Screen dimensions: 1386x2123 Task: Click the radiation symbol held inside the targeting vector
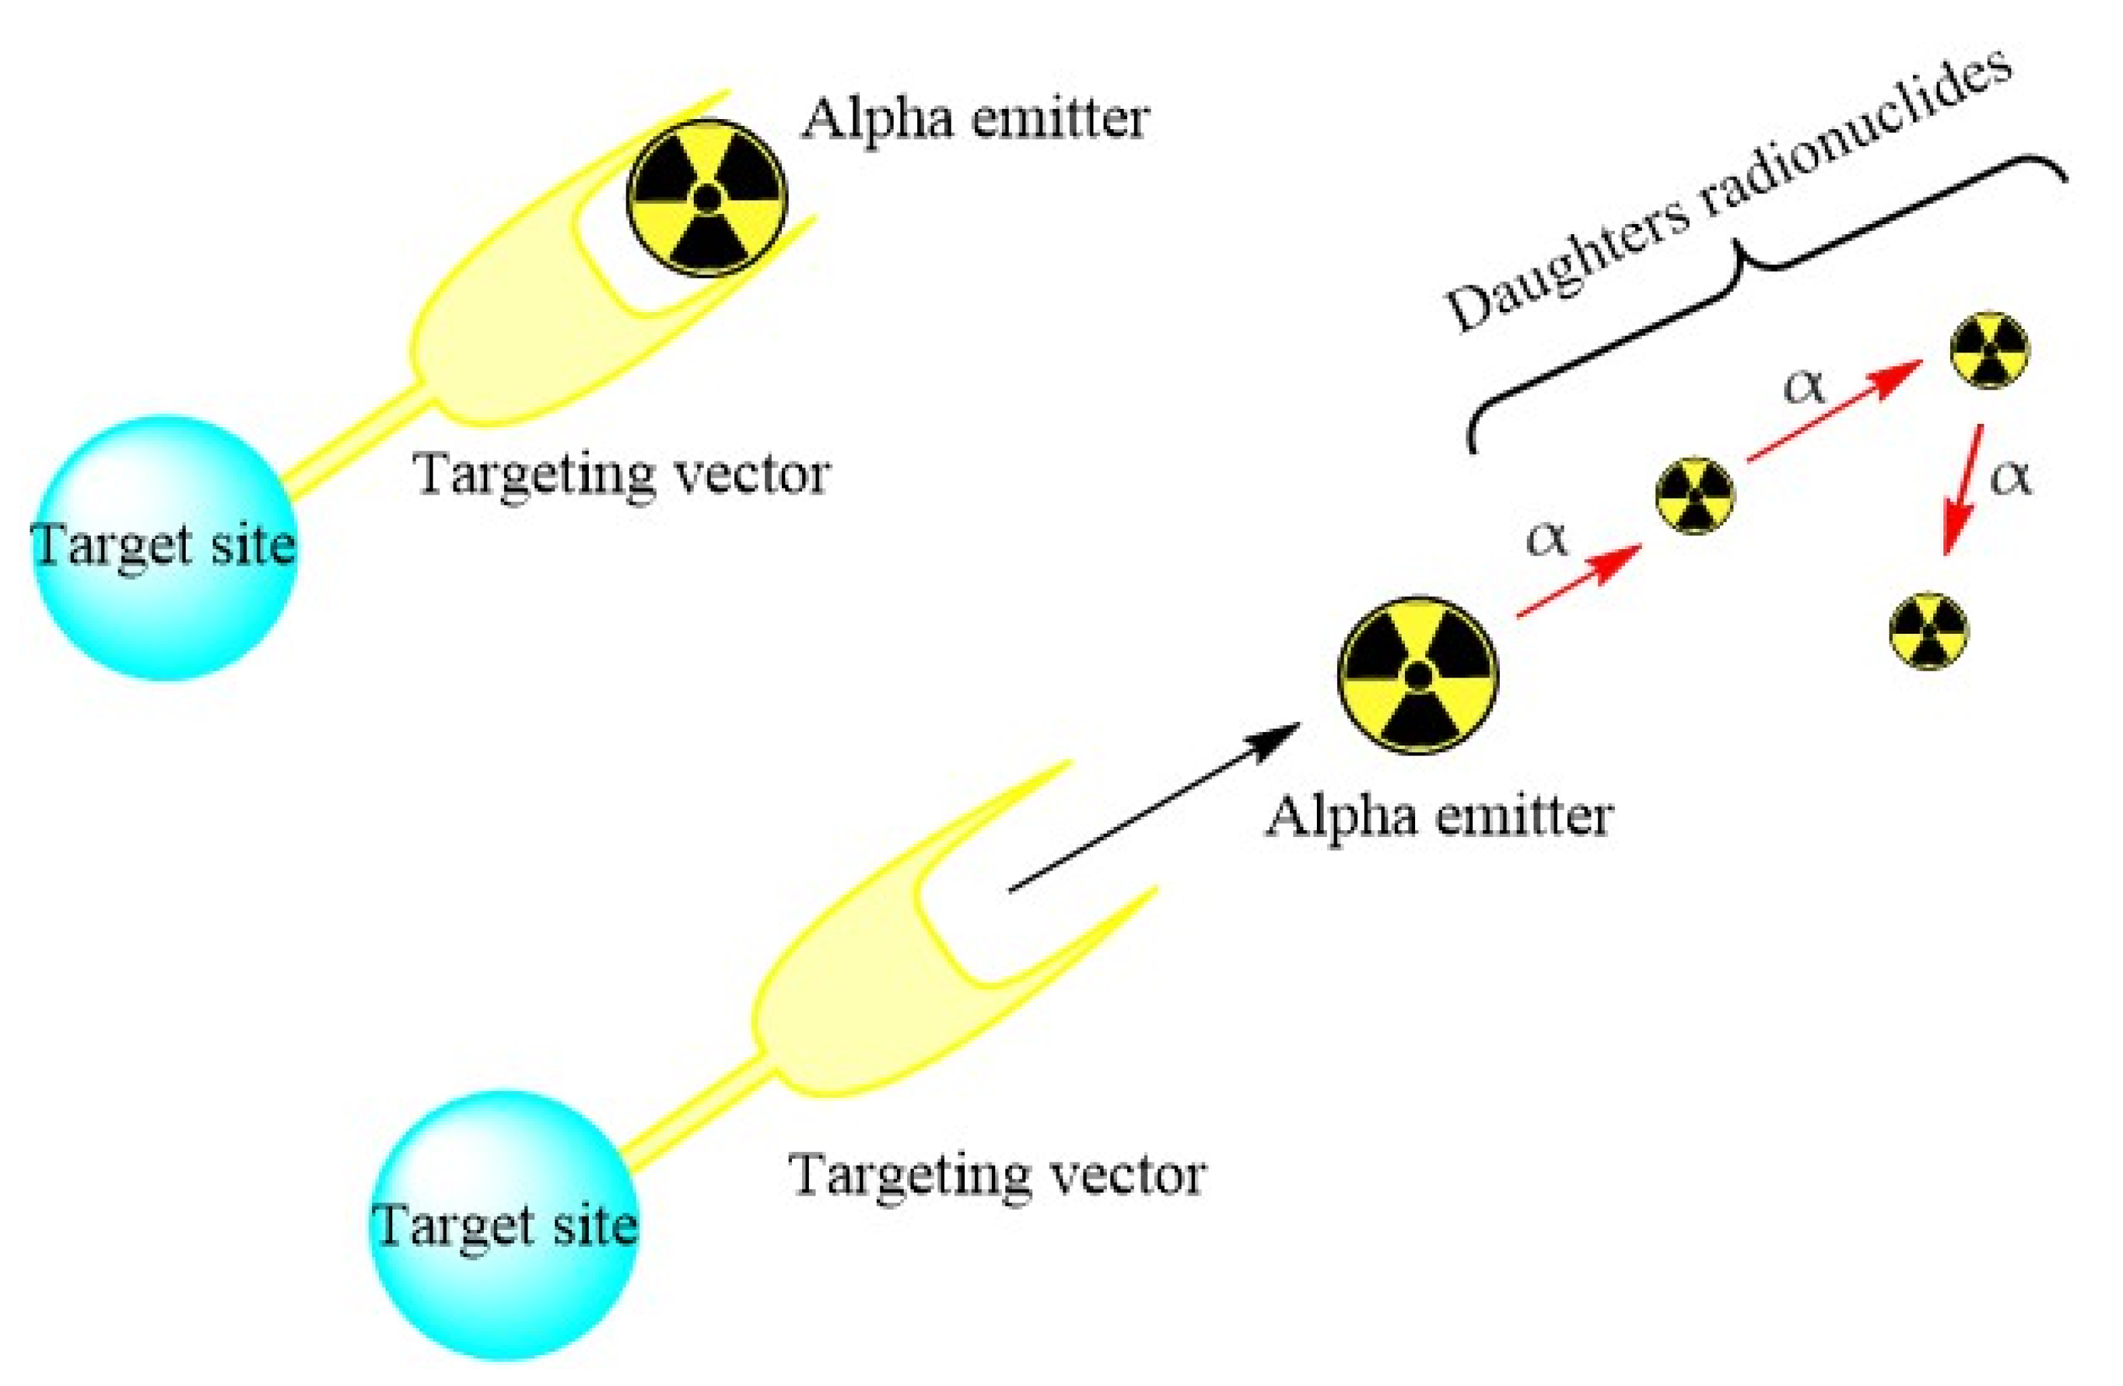pos(707,197)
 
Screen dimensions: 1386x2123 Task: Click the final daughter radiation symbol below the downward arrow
pos(1929,630)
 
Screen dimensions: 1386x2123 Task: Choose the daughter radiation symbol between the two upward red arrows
pos(1695,496)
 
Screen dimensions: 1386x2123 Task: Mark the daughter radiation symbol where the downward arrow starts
pos(1989,351)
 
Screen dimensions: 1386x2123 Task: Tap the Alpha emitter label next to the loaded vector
pos(974,118)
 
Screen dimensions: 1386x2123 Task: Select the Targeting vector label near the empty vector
pos(997,1175)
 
